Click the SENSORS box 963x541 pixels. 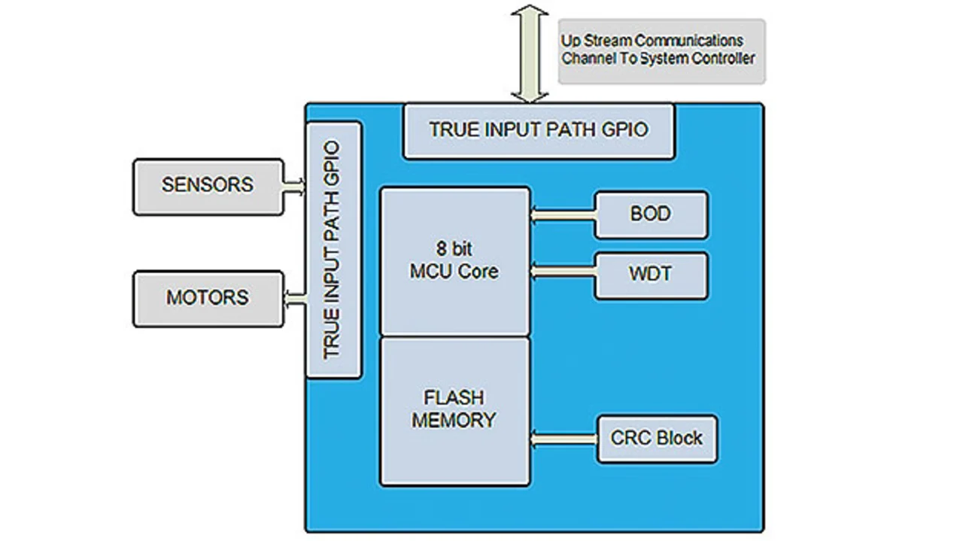(208, 186)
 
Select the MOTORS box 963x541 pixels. (208, 298)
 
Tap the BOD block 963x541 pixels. (651, 214)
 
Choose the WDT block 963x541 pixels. (651, 275)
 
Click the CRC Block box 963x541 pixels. (657, 439)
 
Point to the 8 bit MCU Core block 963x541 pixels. (455, 260)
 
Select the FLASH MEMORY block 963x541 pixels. (455, 410)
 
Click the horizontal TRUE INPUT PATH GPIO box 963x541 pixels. (539, 130)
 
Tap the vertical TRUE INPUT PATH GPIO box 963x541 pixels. (334, 250)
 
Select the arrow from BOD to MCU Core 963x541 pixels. (563, 215)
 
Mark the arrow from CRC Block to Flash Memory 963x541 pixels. (564, 437)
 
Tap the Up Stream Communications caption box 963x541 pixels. (661, 50)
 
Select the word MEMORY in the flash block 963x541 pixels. (454, 420)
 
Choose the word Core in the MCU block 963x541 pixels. (478, 271)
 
